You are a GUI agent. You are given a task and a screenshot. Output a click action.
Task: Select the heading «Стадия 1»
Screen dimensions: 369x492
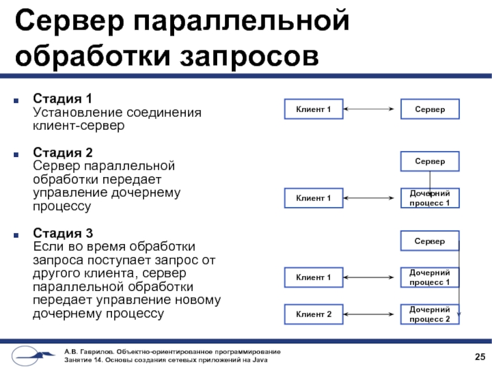click(x=62, y=99)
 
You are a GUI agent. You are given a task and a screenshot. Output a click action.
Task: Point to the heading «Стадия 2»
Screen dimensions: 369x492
click(x=63, y=151)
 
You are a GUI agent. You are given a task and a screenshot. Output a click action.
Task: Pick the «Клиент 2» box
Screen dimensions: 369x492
click(x=314, y=315)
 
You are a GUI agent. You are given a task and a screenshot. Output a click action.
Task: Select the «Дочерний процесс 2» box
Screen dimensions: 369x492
click(x=430, y=314)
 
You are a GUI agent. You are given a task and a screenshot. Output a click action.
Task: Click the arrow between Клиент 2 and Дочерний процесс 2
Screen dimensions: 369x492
click(x=372, y=315)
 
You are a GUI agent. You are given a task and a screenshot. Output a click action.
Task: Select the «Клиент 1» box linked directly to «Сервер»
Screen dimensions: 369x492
click(x=314, y=109)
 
